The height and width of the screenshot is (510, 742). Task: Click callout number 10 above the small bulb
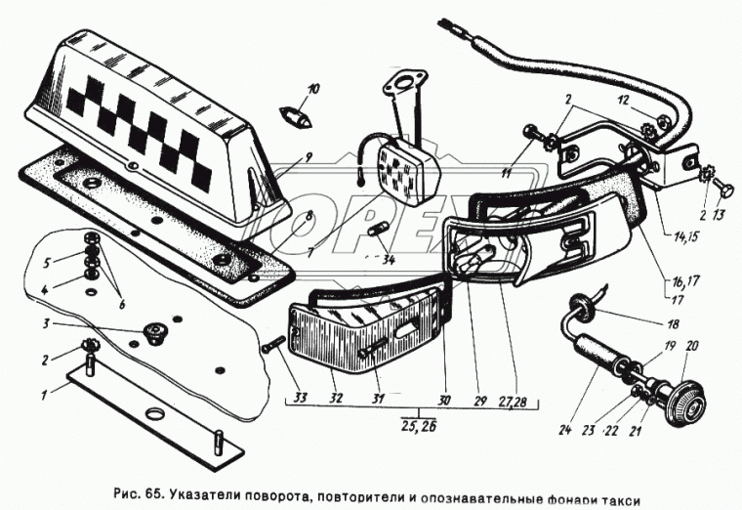312,90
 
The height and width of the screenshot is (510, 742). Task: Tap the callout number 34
390,260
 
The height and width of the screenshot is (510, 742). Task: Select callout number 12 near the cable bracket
623,100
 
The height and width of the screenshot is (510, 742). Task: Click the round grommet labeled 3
151,333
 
